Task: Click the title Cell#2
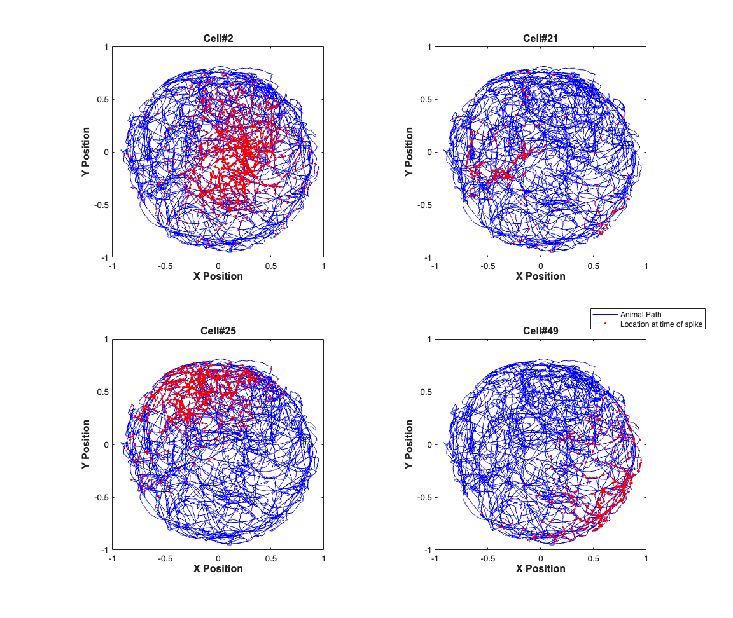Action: [218, 38]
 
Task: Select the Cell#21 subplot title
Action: [540, 38]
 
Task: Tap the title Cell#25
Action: [218, 331]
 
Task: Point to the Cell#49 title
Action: [540, 331]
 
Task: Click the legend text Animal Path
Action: [641, 315]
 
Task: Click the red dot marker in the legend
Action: [605, 324]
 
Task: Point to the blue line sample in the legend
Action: [605, 315]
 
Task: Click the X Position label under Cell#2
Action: [218, 276]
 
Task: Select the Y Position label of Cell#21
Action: [410, 152]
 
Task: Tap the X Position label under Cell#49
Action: [540, 568]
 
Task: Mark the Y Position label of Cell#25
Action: [87, 444]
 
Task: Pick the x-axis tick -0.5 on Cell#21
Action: [488, 266]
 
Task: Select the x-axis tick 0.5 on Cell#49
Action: [594, 558]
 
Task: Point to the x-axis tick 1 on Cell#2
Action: [324, 266]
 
